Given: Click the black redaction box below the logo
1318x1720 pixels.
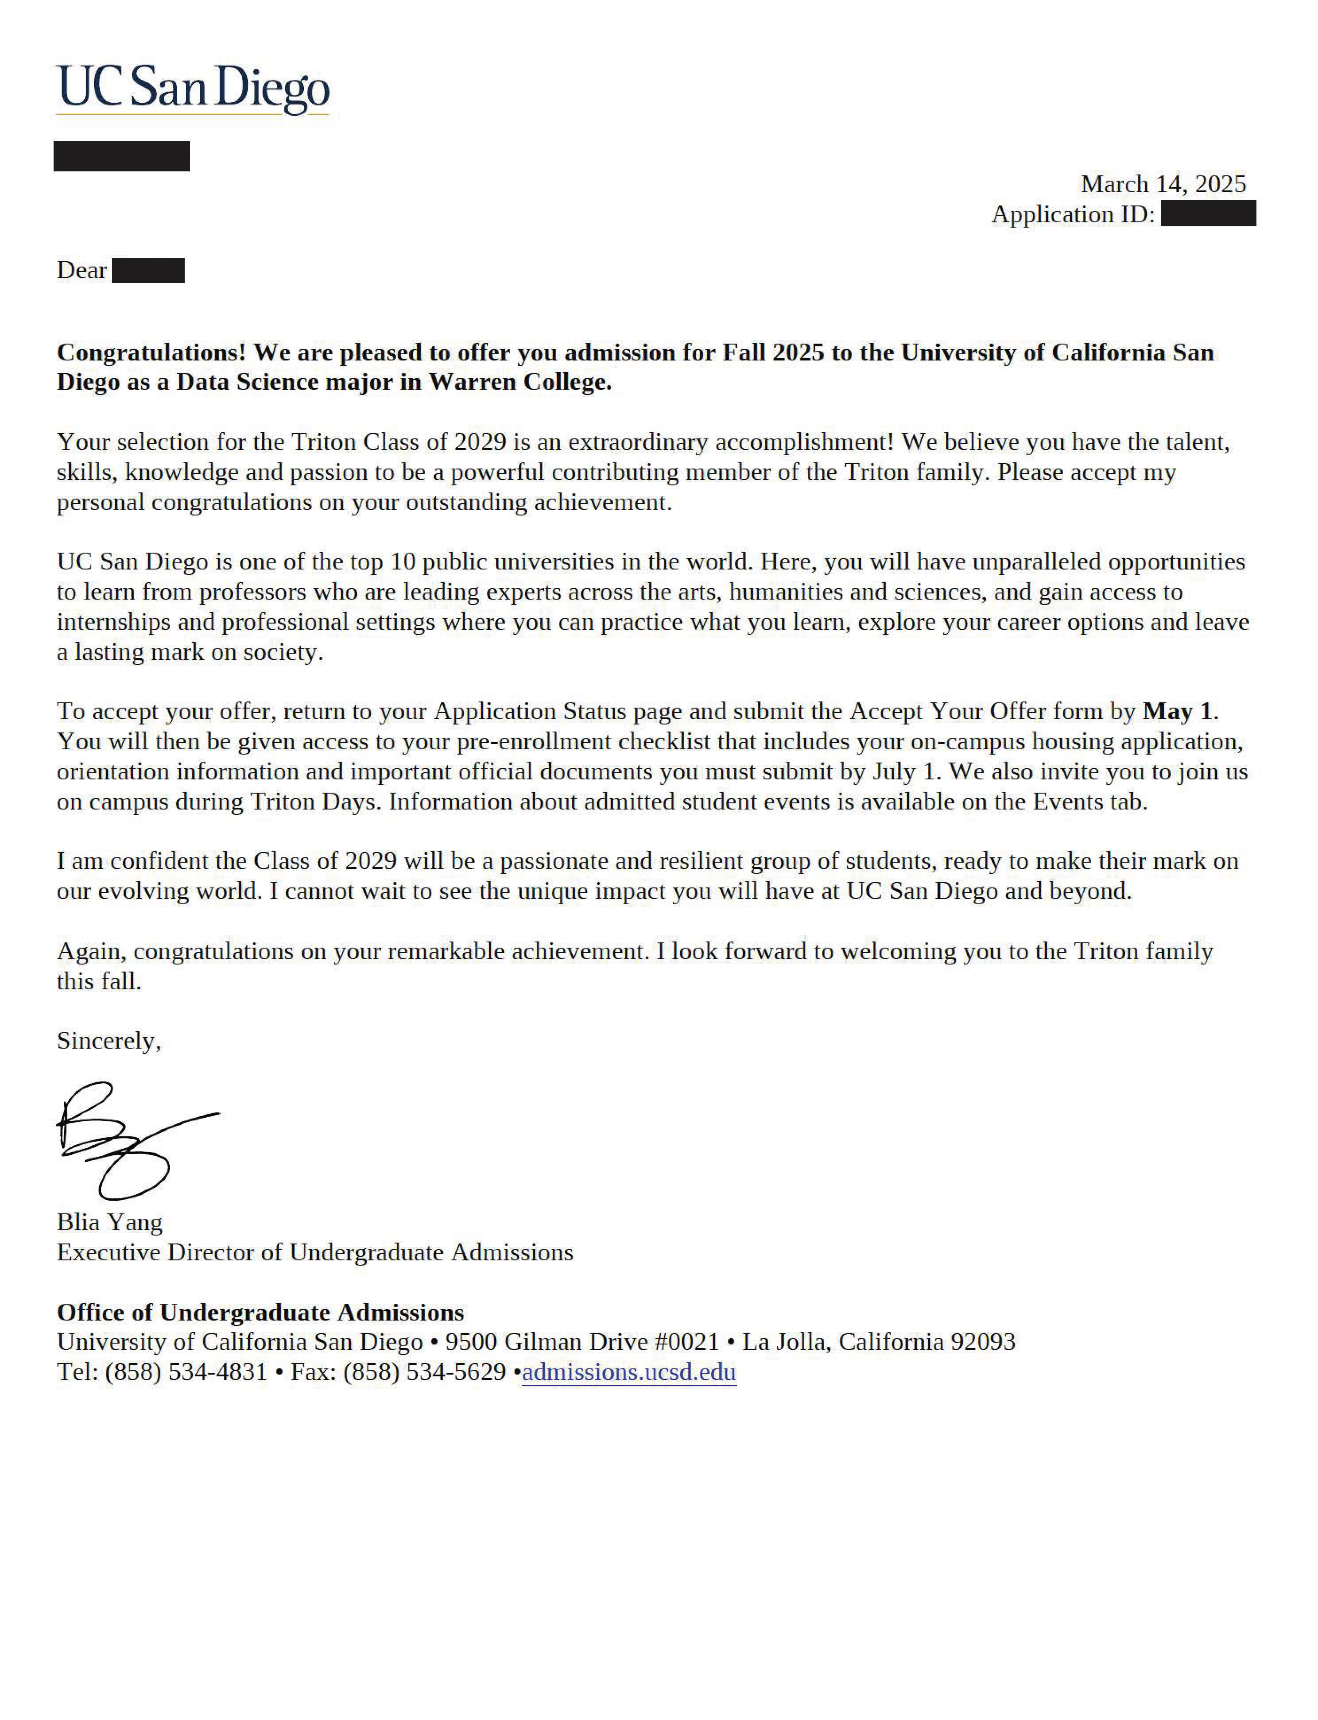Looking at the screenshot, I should (x=122, y=156).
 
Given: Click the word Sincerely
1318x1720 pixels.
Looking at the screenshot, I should (x=108, y=1041).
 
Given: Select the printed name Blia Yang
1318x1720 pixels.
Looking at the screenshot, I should (x=110, y=1222).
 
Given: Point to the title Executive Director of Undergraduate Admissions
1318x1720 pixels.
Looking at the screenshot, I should (x=314, y=1252).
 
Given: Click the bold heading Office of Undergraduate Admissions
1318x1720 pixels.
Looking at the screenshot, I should (x=260, y=1312).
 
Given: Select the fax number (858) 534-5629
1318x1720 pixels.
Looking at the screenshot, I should (x=424, y=1372).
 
